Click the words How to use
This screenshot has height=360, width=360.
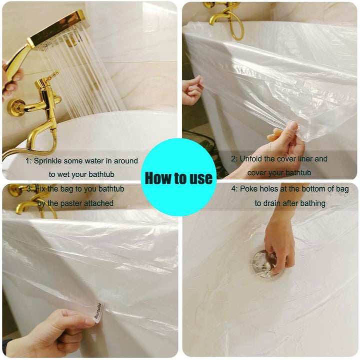[179, 178]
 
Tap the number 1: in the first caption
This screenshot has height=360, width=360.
[28, 162]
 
